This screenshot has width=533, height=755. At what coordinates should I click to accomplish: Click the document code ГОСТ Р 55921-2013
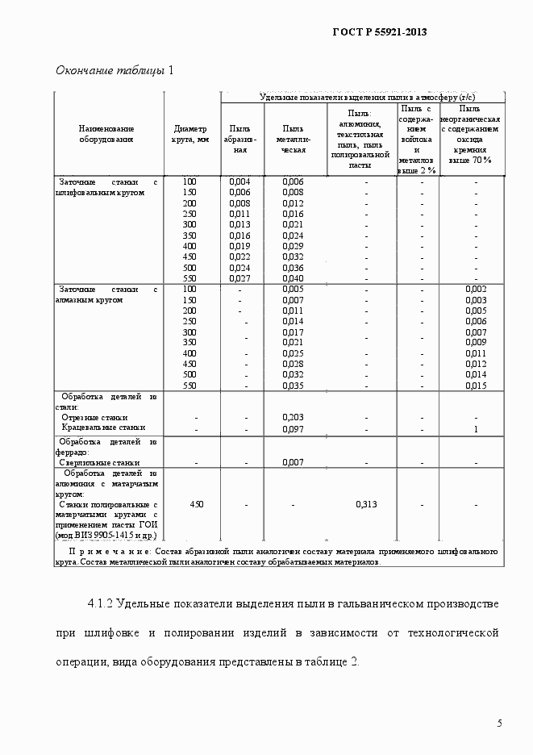(x=379, y=32)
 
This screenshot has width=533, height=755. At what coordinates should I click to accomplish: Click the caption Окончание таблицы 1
(x=115, y=70)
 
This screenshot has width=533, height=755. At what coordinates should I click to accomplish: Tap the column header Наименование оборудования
(x=106, y=134)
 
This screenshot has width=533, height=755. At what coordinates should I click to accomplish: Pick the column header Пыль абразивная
(x=239, y=139)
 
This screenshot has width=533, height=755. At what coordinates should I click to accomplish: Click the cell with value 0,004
(x=239, y=181)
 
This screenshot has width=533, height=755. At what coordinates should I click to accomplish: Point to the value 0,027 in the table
(x=239, y=277)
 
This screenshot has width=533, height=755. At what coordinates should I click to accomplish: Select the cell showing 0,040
(x=293, y=277)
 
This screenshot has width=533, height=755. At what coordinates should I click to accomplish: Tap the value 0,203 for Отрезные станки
(x=293, y=417)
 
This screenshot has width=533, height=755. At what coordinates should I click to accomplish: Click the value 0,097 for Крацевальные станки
(x=293, y=428)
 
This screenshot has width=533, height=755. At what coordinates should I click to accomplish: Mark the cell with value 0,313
(x=367, y=504)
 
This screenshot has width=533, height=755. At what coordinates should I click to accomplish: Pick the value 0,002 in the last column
(x=476, y=289)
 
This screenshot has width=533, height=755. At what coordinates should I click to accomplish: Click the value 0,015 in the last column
(x=476, y=386)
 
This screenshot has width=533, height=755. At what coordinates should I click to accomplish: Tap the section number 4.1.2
(x=103, y=604)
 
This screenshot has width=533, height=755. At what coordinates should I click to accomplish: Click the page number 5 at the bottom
(x=499, y=723)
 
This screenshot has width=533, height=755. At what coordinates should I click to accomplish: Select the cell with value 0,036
(x=293, y=267)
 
